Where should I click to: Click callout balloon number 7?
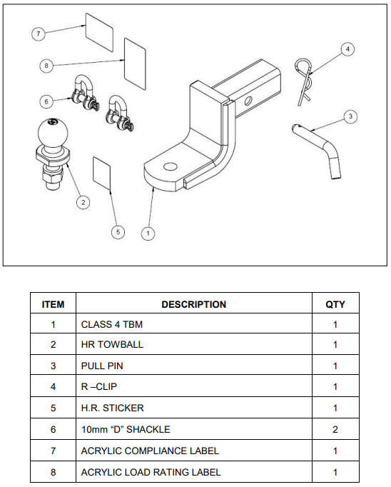tap(39, 34)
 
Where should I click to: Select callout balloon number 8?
tap(46, 66)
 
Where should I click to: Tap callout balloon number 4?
tap(347, 49)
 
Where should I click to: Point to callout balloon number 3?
tap(350, 116)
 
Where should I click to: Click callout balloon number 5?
tap(118, 232)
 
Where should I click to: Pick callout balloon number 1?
tap(148, 234)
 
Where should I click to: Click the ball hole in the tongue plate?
tap(170, 167)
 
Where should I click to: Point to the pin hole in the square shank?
tap(248, 101)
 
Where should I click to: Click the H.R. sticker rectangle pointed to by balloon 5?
tap(102, 173)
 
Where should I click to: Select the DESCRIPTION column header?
tap(194, 304)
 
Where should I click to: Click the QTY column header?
tap(335, 304)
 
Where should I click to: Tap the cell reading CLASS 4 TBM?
tap(194, 324)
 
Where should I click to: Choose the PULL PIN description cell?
tap(194, 366)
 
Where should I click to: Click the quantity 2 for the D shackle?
tap(335, 429)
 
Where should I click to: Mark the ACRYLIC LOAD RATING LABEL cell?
tap(194, 472)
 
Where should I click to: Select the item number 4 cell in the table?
tap(53, 386)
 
